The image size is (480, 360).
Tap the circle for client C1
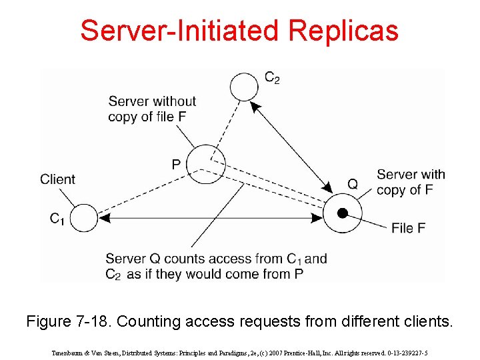click(84, 218)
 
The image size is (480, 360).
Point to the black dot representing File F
click(342, 213)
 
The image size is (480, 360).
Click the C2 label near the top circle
click(272, 79)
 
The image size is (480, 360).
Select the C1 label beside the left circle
click(57, 218)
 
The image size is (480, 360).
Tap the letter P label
click(176, 164)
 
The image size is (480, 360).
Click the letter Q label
click(353, 183)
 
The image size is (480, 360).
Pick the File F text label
click(408, 228)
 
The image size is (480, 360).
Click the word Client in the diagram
click(58, 179)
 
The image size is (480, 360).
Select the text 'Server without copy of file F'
click(152, 109)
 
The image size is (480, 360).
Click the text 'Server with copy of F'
click(411, 182)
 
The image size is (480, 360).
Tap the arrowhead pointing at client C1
click(103, 217)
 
